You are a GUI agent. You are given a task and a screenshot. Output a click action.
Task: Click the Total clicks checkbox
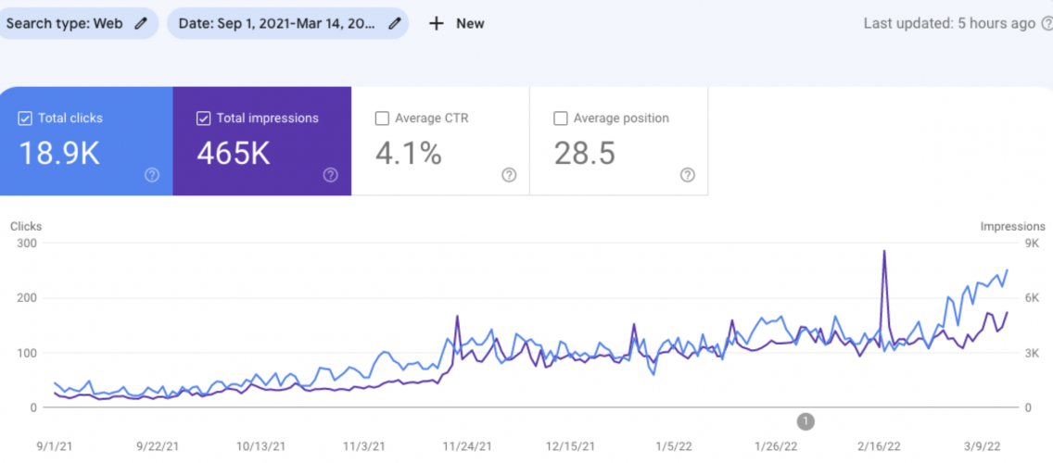click(x=26, y=119)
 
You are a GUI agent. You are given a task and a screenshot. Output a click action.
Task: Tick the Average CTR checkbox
click(x=382, y=119)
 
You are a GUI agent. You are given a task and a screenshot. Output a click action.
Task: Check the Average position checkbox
click(x=560, y=119)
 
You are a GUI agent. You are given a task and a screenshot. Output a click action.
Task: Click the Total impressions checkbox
click(x=204, y=119)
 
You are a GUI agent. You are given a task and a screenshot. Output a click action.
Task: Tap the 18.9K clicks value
click(x=59, y=154)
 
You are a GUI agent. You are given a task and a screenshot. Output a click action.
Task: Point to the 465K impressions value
click(x=234, y=154)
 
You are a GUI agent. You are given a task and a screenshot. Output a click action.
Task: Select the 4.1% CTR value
click(x=409, y=154)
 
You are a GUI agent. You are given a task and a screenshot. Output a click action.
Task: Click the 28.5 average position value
click(x=585, y=154)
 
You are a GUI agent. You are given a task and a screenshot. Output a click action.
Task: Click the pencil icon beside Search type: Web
click(x=141, y=23)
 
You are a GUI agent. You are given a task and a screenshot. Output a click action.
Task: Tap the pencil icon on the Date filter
click(x=394, y=23)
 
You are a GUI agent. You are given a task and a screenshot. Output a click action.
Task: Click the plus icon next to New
click(x=437, y=23)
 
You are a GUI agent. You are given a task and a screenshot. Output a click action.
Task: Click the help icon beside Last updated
click(x=1045, y=23)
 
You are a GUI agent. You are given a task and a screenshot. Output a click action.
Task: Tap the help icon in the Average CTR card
click(x=509, y=175)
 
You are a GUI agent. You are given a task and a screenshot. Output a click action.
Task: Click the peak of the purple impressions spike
click(x=884, y=251)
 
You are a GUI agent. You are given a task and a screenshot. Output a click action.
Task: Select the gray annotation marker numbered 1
click(x=806, y=421)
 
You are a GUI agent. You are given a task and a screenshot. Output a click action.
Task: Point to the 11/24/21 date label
click(x=466, y=446)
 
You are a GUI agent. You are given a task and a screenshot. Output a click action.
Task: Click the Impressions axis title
click(x=1012, y=226)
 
